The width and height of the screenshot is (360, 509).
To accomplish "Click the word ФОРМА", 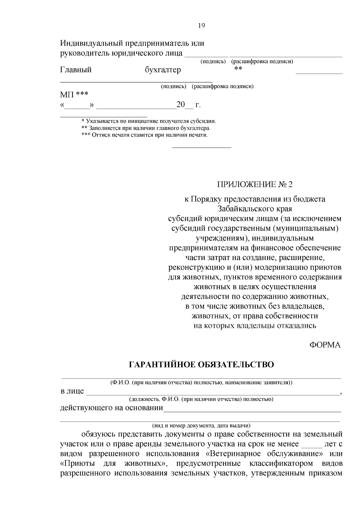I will (x=325, y=345).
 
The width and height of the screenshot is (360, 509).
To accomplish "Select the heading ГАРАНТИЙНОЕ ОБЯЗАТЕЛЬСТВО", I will (x=201, y=365).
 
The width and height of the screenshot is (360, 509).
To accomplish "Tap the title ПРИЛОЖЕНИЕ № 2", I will (x=254, y=184).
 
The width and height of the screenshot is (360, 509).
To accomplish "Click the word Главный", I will (x=76, y=70).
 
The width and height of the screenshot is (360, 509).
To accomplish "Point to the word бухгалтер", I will (x=163, y=70).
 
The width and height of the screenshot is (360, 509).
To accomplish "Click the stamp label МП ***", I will (x=74, y=95).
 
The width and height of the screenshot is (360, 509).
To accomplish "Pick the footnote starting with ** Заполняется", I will (x=146, y=128).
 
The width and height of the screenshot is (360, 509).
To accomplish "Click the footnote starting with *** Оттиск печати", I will (x=145, y=135).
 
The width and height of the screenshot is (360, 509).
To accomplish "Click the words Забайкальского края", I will (x=254, y=208).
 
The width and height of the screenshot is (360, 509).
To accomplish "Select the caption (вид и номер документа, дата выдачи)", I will (x=201, y=425).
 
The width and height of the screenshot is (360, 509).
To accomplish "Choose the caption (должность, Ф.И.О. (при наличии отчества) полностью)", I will (x=201, y=399).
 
